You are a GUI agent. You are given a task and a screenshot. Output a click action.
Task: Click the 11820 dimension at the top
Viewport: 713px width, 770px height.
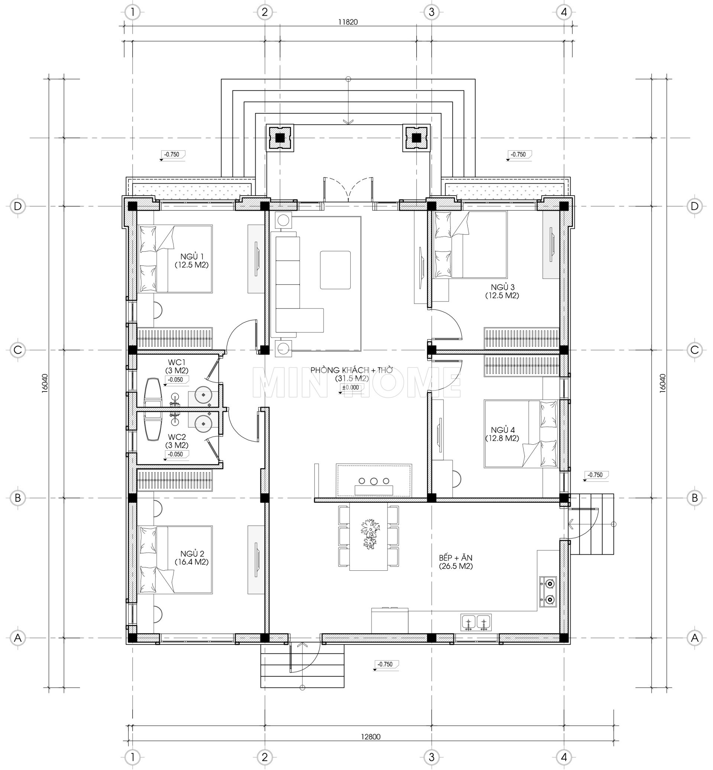point(348,22)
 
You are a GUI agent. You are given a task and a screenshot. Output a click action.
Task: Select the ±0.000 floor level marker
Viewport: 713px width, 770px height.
point(350,388)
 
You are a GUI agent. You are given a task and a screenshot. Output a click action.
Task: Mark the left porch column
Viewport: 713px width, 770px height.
point(280,138)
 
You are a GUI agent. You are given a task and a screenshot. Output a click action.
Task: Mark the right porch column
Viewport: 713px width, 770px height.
point(416,138)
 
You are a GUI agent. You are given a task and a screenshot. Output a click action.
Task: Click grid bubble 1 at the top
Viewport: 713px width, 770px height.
point(133,12)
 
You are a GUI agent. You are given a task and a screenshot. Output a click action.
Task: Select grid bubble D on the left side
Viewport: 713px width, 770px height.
point(18,206)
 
